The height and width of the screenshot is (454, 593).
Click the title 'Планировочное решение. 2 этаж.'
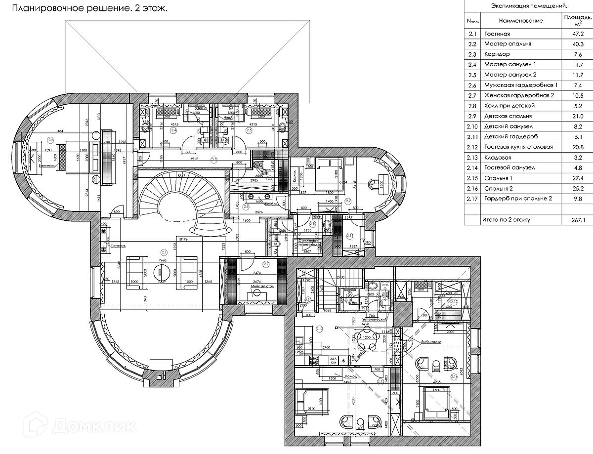pyautogui.click(x=89, y=8)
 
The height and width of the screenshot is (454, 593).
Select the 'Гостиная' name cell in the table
pyautogui.click(x=496, y=34)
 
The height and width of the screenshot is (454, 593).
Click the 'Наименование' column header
pyautogui.click(x=520, y=20)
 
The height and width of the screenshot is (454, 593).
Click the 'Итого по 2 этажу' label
pyautogui.click(x=506, y=219)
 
